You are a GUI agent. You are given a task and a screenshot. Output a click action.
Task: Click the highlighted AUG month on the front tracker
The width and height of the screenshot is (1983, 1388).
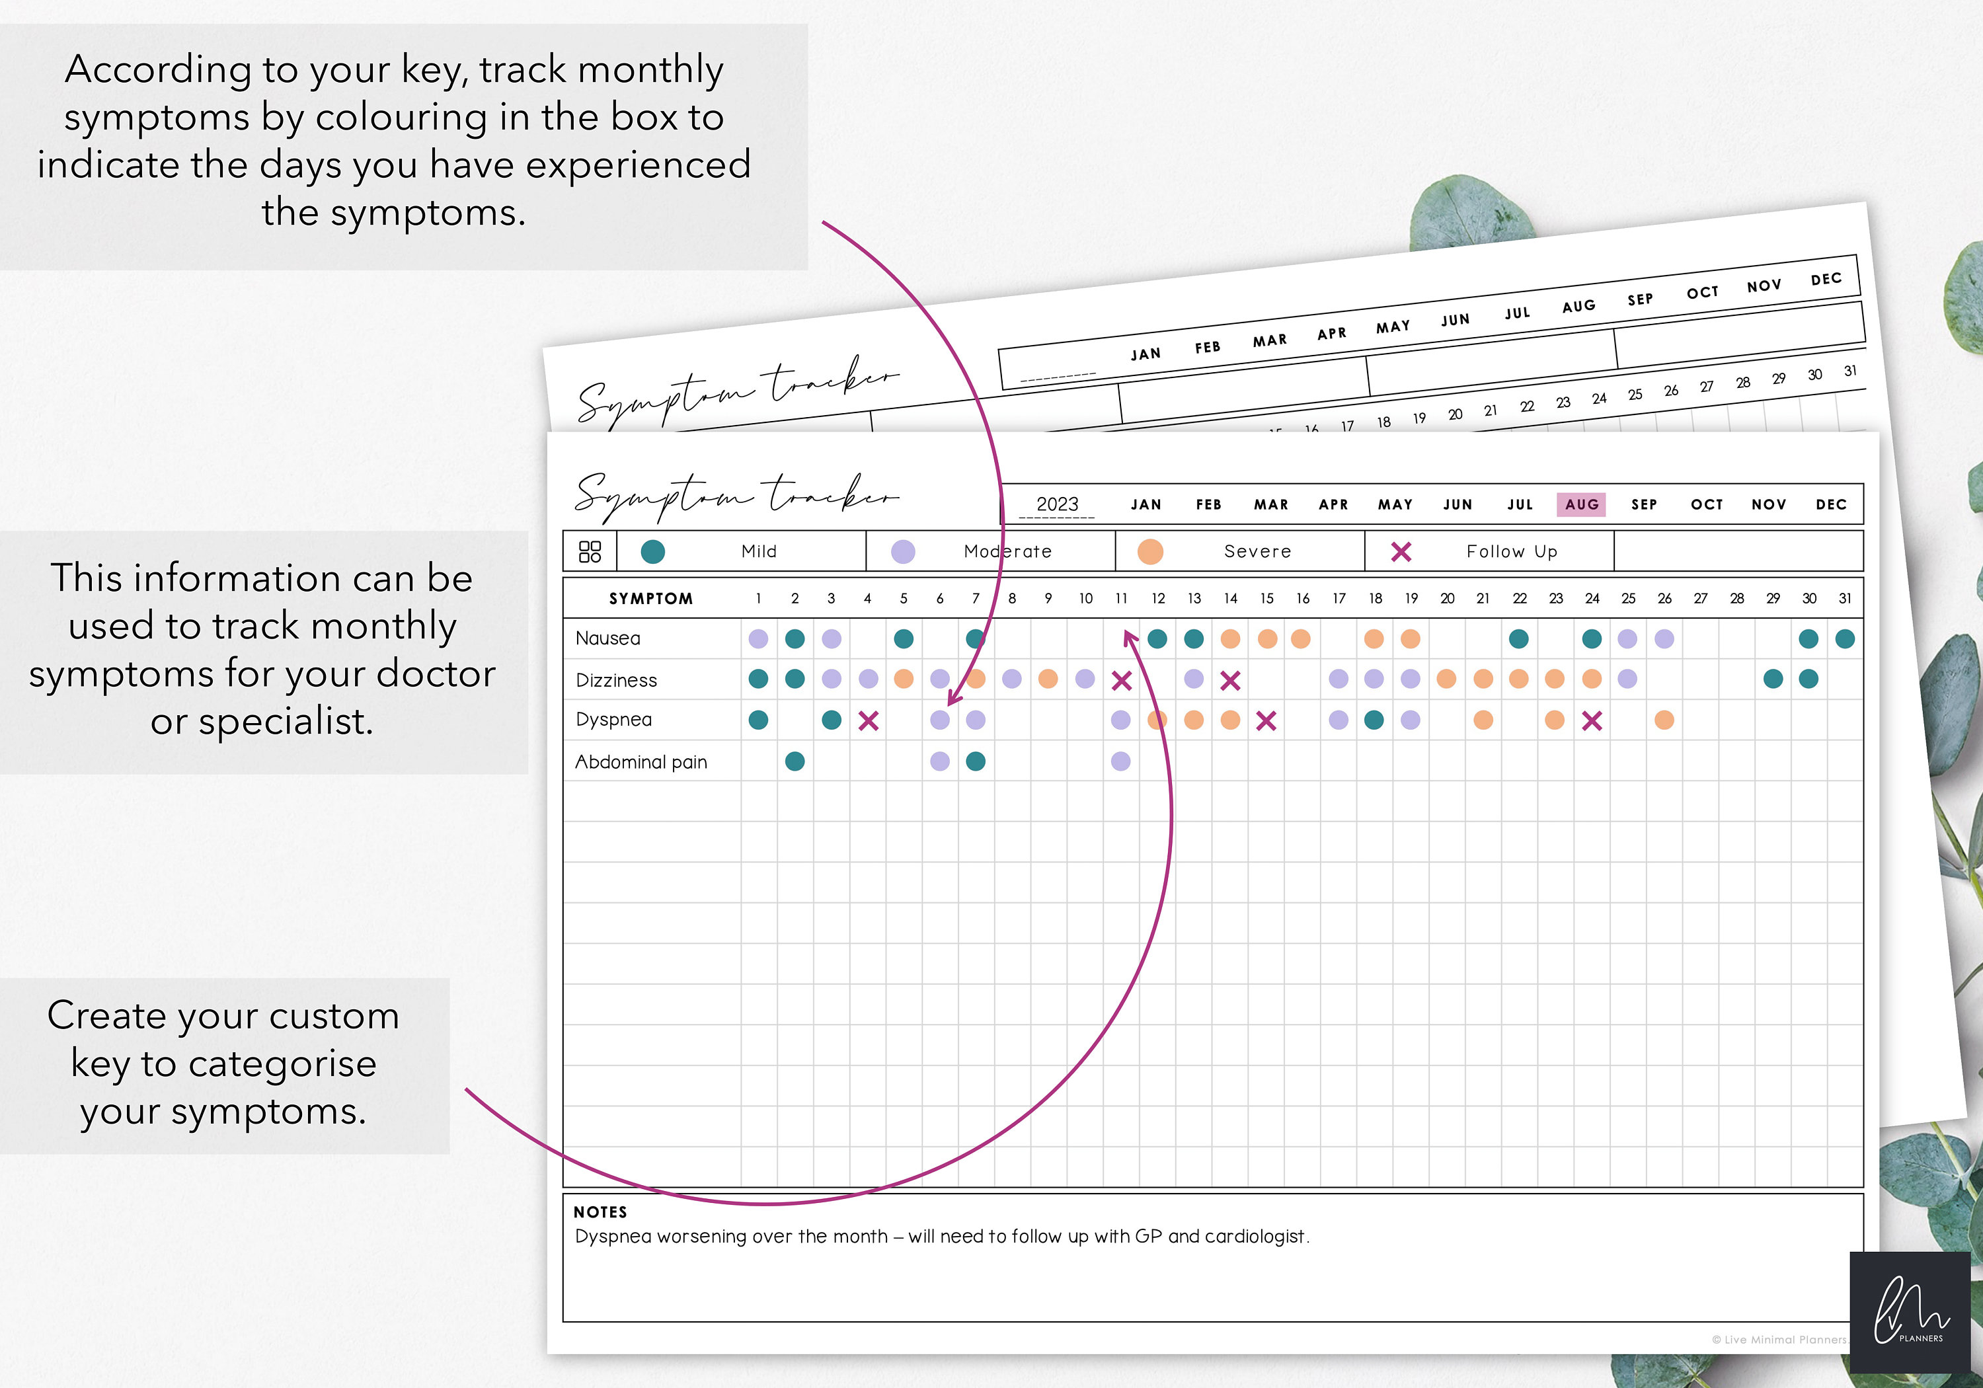tap(1580, 504)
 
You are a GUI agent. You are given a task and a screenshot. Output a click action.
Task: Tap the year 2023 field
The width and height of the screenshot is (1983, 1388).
tap(1057, 504)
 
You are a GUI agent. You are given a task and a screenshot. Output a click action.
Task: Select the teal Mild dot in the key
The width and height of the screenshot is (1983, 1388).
tap(653, 552)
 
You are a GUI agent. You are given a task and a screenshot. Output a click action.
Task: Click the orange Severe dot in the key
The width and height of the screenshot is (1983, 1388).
tap(1150, 552)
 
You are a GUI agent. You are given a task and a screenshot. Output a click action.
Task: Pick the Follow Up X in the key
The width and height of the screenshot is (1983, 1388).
tap(1401, 552)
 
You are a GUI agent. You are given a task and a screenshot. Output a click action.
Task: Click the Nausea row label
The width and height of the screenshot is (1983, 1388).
tap(608, 638)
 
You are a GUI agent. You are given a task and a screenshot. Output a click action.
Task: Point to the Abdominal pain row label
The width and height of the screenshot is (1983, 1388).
tap(641, 762)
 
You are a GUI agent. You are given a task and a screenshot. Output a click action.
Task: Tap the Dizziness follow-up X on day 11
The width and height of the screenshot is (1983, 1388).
tap(1121, 681)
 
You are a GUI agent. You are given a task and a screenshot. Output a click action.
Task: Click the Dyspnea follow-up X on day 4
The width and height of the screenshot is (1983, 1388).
tap(868, 720)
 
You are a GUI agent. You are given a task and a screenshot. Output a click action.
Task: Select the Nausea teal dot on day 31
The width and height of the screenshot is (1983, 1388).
tap(1845, 639)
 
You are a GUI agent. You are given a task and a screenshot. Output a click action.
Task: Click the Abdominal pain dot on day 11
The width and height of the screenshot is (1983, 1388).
tap(1120, 761)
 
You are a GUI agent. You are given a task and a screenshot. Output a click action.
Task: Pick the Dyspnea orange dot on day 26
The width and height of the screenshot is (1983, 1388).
tap(1664, 720)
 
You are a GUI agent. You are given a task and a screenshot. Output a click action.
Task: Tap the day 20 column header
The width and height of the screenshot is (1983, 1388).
tap(1448, 599)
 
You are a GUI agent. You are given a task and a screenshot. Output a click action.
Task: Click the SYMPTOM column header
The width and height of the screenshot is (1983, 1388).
tap(651, 599)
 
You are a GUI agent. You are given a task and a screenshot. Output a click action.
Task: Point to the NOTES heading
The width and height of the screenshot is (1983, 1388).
tap(600, 1212)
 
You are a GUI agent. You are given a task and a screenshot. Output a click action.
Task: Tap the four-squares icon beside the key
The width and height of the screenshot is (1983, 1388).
tap(590, 552)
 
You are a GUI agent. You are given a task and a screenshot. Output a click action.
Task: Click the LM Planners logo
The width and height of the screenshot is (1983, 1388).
tap(1910, 1311)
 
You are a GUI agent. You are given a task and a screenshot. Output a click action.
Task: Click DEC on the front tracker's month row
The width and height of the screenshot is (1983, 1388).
tap(1830, 504)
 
